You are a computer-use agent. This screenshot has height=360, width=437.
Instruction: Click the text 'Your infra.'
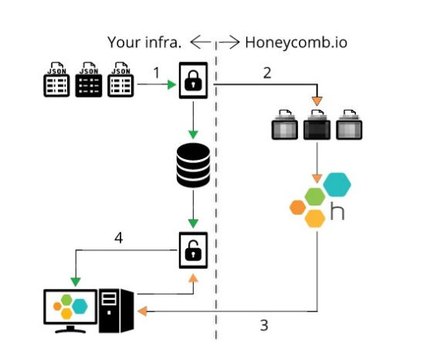click(144, 42)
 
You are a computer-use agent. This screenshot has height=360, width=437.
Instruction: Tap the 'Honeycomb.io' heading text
click(296, 42)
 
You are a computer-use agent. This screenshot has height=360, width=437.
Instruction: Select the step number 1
click(157, 73)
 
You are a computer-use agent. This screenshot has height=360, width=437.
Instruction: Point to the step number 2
click(267, 73)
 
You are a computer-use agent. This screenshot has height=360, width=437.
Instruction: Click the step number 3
click(264, 325)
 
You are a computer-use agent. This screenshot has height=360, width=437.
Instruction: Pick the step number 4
click(119, 238)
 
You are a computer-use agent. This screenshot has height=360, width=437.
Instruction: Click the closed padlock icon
click(193, 80)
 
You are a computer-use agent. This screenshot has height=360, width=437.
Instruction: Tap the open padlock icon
click(193, 250)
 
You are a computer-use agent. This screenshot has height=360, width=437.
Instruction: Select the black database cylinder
click(193, 165)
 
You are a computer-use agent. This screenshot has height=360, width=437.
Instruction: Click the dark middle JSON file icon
click(89, 80)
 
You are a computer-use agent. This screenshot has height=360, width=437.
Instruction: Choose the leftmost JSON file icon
click(56, 80)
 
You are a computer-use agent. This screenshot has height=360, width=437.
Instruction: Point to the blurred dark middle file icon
click(317, 124)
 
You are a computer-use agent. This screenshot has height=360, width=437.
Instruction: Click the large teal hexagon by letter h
click(337, 185)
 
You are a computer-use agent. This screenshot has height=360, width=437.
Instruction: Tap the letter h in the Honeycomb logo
click(337, 212)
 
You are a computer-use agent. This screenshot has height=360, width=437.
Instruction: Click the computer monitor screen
click(70, 307)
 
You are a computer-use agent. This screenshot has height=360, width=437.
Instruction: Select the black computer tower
click(117, 311)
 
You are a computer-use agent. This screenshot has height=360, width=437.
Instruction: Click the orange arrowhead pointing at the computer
click(142, 311)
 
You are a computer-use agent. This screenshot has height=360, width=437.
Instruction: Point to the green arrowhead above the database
click(193, 134)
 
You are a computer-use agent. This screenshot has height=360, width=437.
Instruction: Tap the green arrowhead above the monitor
click(76, 282)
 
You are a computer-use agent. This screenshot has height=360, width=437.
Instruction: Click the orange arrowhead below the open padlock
click(193, 278)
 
